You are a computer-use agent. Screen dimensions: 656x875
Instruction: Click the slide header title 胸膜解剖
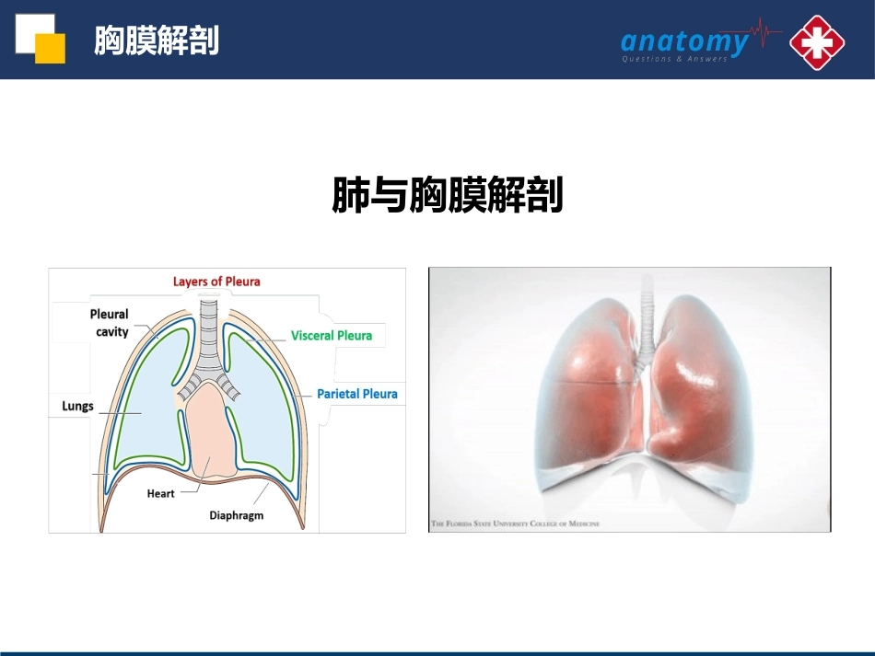click(x=157, y=40)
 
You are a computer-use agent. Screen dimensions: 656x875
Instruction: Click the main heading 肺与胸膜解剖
click(x=447, y=196)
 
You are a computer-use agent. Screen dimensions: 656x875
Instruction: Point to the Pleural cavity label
click(x=111, y=322)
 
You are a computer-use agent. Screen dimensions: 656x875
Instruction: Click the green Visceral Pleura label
click(x=332, y=336)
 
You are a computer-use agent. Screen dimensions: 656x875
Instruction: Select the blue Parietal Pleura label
click(x=357, y=394)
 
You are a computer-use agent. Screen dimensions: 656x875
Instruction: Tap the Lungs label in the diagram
click(x=77, y=406)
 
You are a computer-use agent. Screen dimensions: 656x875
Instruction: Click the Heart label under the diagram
click(x=160, y=494)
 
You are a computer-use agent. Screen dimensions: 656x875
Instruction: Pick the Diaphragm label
click(x=236, y=515)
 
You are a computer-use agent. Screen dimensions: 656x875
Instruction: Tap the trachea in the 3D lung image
click(x=646, y=331)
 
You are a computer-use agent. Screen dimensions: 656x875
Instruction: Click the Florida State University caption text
click(x=516, y=524)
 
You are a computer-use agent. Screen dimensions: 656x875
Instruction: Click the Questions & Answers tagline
click(x=674, y=59)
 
